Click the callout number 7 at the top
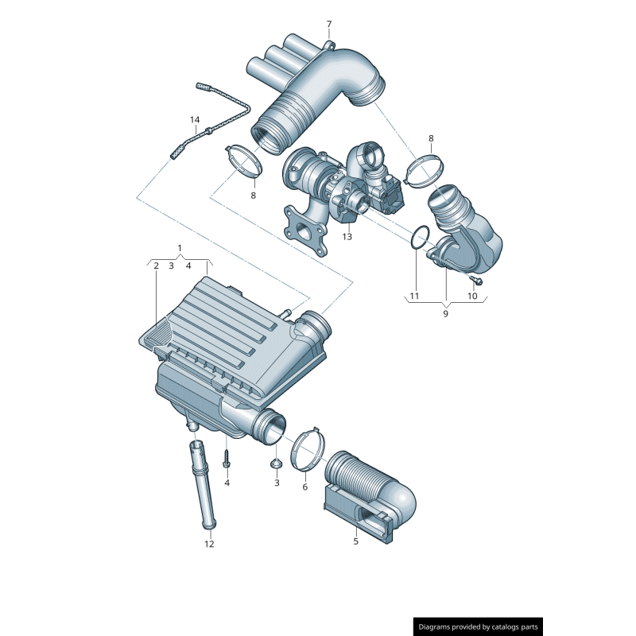(328, 25)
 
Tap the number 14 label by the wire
(195, 120)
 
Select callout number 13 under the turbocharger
(347, 237)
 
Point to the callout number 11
(414, 297)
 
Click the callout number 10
(472, 297)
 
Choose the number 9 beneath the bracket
(445, 314)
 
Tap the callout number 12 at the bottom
(209, 545)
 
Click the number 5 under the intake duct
(355, 542)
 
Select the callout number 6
(304, 487)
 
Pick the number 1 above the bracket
(180, 248)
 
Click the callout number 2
(156, 266)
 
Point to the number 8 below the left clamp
(254, 195)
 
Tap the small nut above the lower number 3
(277, 463)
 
